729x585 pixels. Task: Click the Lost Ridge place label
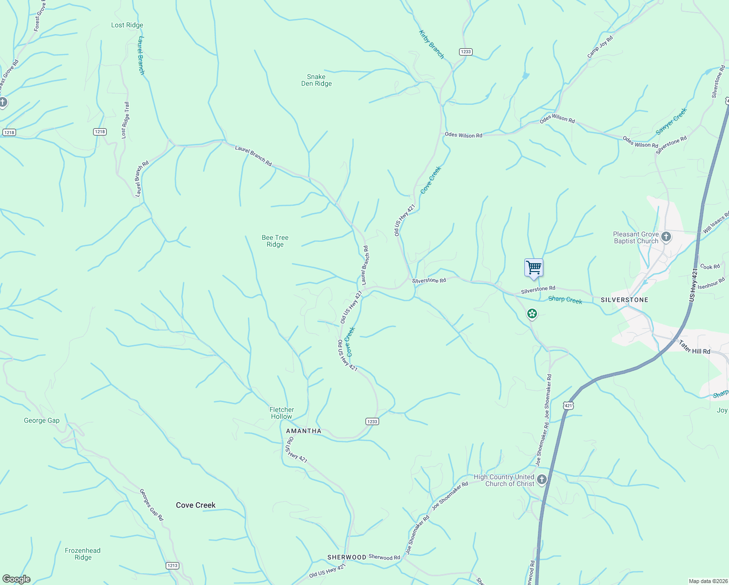(x=127, y=25)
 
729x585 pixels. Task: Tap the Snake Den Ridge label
(x=316, y=80)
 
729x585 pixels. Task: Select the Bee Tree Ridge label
(x=275, y=241)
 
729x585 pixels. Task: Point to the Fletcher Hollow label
(x=282, y=413)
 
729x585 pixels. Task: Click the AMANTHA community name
(x=304, y=431)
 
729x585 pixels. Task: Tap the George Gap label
(x=41, y=420)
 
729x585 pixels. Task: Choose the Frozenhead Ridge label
(x=83, y=554)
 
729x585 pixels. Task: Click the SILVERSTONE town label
(x=624, y=300)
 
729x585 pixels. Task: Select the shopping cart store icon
(x=534, y=268)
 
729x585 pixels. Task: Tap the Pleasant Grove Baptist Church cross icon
(x=666, y=237)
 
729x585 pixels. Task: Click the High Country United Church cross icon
(x=541, y=480)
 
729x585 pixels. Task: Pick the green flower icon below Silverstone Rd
(x=532, y=313)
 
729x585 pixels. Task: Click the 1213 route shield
(x=172, y=565)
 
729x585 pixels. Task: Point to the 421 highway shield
(x=568, y=405)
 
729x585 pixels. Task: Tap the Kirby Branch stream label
(x=432, y=44)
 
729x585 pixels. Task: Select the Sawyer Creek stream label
(x=671, y=121)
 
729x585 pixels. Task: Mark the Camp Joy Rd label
(x=600, y=47)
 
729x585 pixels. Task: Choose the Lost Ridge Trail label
(x=126, y=120)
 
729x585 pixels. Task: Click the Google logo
(x=17, y=579)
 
